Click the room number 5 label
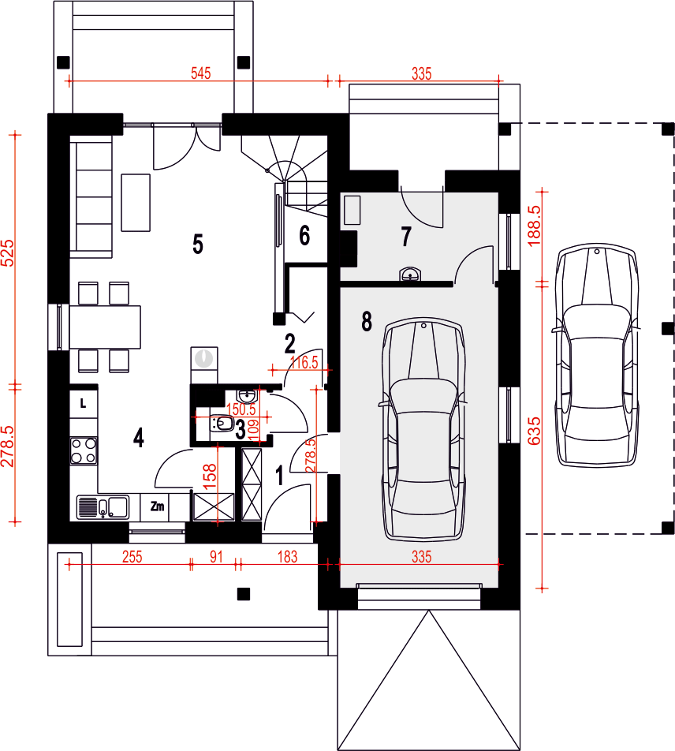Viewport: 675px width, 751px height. click(198, 244)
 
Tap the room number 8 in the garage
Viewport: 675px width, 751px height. click(367, 321)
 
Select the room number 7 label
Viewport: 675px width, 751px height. click(406, 237)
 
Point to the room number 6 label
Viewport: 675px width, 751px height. click(304, 236)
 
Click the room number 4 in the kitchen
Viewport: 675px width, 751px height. click(138, 437)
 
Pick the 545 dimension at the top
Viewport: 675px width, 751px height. click(200, 73)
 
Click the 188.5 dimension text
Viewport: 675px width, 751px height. click(534, 226)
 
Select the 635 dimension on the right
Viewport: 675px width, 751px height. click(534, 431)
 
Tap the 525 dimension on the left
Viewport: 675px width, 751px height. click(8, 253)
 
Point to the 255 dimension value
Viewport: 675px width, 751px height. click(132, 557)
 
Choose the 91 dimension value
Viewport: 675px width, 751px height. click(216, 557)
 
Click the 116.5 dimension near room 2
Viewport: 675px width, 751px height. click(304, 362)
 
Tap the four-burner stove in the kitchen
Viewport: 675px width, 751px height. click(84, 450)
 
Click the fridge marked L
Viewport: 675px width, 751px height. click(84, 404)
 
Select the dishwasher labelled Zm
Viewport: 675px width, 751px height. click(158, 506)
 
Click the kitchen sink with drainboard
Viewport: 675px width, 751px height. click(103, 507)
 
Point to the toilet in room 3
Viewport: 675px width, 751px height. click(222, 424)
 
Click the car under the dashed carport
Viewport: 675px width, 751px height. click(596, 354)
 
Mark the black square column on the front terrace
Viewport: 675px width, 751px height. click(244, 594)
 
